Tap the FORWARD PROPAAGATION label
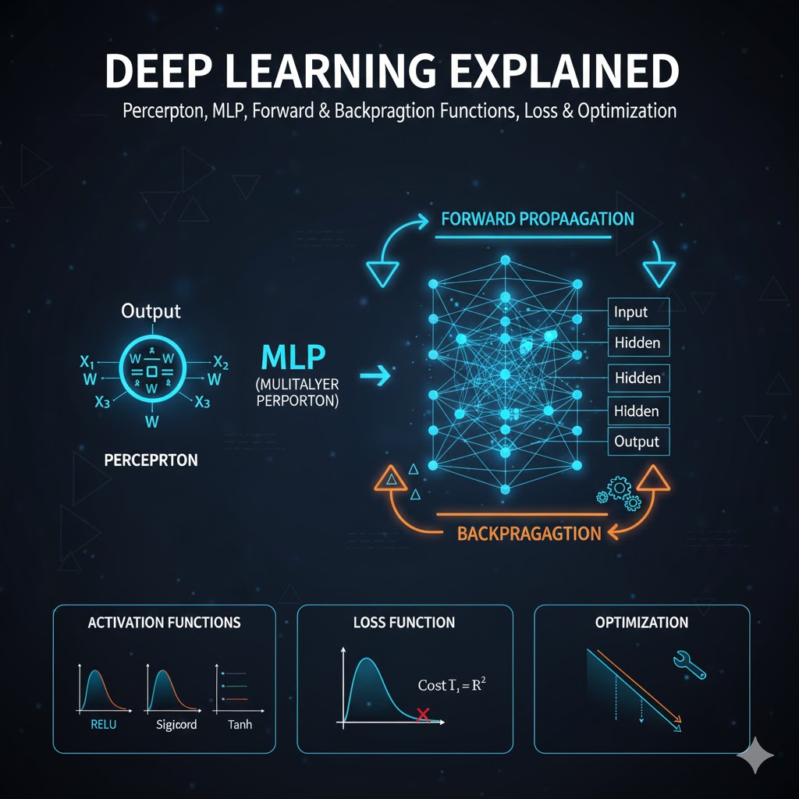coord(538,218)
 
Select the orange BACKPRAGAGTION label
coord(529,534)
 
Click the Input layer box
coord(637,312)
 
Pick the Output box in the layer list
coord(637,442)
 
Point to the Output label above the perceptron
coord(151,311)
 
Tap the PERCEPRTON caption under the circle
coord(151,460)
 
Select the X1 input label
coord(87,362)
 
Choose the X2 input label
coord(221,362)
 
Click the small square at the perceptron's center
coord(152,371)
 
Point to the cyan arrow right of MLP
coord(376,378)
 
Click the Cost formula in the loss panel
coord(458,685)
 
